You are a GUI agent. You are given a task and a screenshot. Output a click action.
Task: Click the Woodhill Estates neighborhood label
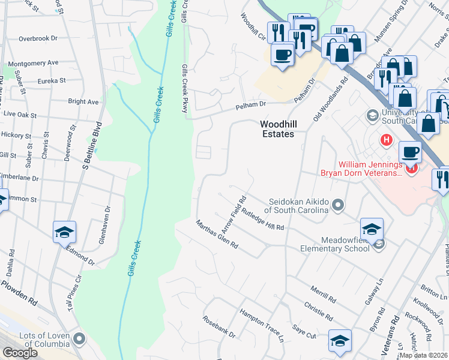click(277, 129)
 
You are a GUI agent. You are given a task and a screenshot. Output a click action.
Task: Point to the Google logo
click(20, 353)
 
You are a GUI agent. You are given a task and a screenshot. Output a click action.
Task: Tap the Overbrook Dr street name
click(37, 38)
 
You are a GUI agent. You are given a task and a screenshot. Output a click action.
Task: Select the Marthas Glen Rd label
click(217, 234)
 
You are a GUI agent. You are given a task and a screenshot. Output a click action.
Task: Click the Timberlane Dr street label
click(19, 178)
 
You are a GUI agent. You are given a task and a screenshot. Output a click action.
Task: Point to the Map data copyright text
click(424, 355)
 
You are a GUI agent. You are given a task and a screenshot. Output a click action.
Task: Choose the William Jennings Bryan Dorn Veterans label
click(369, 169)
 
